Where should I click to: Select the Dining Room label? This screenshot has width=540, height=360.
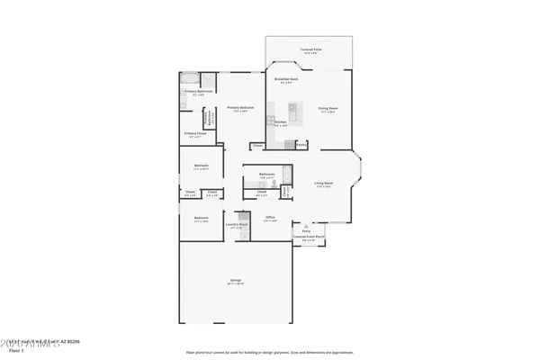[x=327, y=109]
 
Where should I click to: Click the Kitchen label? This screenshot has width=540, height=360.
[x=280, y=121]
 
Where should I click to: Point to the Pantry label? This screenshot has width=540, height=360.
[x=301, y=144]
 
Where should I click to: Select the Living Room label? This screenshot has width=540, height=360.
[x=324, y=184]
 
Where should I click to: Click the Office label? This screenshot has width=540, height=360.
[x=270, y=217]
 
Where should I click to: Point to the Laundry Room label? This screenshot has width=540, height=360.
[x=237, y=227]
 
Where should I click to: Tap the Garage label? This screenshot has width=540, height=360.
[x=235, y=282]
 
